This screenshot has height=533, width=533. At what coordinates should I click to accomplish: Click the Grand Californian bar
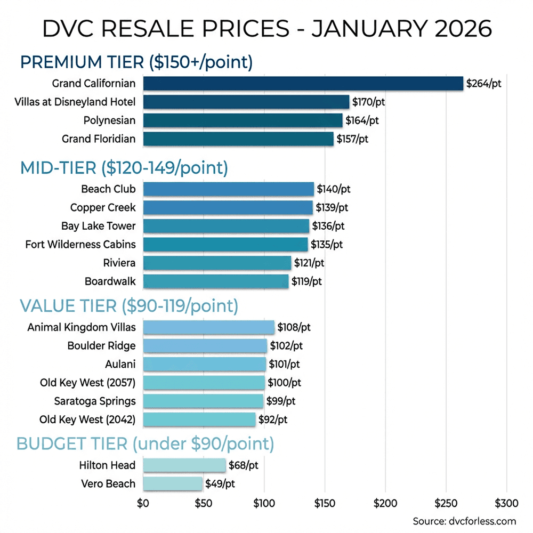pos(303,83)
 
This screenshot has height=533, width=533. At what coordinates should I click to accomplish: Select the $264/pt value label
pos(483,83)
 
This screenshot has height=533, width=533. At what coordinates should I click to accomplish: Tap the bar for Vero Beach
pos(173,483)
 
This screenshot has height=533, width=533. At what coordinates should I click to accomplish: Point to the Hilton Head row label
pos(107,465)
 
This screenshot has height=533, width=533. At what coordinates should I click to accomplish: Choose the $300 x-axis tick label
pos(506,503)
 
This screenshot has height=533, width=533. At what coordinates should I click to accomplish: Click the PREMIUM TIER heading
pos(136,62)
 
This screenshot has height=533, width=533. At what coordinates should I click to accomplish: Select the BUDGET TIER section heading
pos(145,443)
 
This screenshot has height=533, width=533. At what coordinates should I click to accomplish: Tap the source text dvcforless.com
pos(464,521)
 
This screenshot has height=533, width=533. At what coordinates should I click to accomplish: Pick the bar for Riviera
pos(217,263)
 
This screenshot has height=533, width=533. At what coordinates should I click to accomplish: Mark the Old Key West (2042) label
pos(87,419)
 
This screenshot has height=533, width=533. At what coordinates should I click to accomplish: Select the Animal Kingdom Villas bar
pos(209,327)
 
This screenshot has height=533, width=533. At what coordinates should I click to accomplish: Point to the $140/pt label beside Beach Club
pos(334,189)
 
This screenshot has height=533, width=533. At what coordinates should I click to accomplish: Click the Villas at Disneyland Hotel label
pos(75,102)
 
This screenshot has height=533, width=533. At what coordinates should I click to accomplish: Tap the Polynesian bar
pos(243,120)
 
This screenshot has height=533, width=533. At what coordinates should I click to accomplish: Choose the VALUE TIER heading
pos(128,306)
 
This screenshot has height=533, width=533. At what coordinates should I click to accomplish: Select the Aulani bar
pos(205,364)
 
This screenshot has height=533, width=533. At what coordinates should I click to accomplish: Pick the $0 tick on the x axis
pos(143,503)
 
